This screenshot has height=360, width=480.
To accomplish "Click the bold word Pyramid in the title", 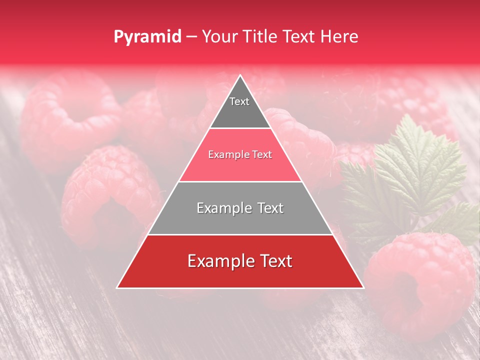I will pyautogui.click(x=147, y=37).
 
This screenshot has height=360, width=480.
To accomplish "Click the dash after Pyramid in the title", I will pyautogui.click(x=191, y=37).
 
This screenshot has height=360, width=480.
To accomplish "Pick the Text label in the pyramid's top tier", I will pyautogui.click(x=239, y=101).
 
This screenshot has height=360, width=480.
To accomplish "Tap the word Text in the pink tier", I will pyautogui.click(x=262, y=155).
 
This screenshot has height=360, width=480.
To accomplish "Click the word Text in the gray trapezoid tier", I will pyautogui.click(x=271, y=208).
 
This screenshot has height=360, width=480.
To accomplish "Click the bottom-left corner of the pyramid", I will pyautogui.click(x=117, y=287).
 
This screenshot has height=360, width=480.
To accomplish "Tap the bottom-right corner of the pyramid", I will pyautogui.click(x=363, y=287).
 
